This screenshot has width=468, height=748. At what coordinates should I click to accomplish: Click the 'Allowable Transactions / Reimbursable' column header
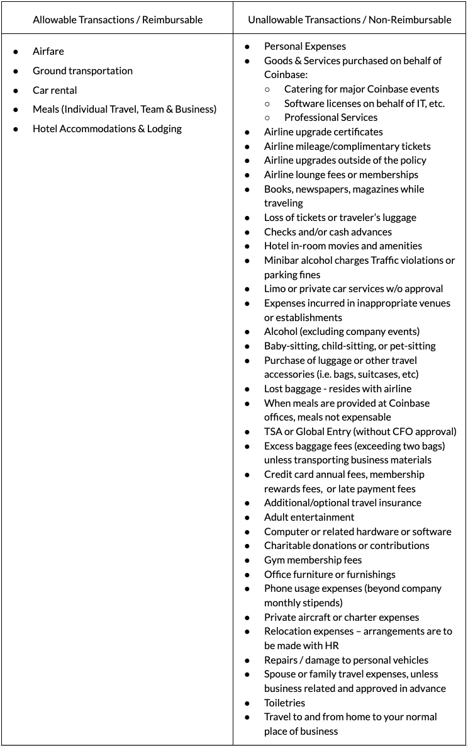pyautogui.click(x=118, y=20)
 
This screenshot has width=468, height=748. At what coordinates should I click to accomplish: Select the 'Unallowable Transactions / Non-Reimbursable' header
pyautogui.click(x=350, y=20)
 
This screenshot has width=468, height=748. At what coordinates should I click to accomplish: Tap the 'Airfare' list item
pyautogui.click(x=48, y=51)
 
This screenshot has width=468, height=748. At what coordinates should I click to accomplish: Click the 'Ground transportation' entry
pyautogui.click(x=82, y=71)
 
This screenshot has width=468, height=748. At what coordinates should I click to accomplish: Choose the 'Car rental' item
pyautogui.click(x=55, y=90)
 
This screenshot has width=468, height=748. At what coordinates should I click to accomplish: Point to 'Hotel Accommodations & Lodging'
pyautogui.click(x=107, y=128)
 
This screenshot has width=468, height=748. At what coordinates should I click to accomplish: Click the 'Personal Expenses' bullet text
pyautogui.click(x=305, y=46)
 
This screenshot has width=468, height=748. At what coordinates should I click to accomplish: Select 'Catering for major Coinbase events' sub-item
pyautogui.click(x=362, y=89)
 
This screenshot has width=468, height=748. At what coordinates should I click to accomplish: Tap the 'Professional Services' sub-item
pyautogui.click(x=331, y=117)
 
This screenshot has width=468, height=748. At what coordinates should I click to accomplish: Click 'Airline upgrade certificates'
pyautogui.click(x=323, y=132)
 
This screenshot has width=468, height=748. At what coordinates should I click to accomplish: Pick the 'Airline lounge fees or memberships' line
pyautogui.click(x=341, y=174)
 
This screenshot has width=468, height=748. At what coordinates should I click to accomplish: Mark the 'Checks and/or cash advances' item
pyautogui.click(x=328, y=232)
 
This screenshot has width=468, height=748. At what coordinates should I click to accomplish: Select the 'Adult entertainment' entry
pyautogui.click(x=309, y=517)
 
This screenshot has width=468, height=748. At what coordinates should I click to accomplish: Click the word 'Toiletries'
pyautogui.click(x=284, y=703)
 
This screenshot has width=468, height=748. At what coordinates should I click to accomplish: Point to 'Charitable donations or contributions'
pyautogui.click(x=347, y=545)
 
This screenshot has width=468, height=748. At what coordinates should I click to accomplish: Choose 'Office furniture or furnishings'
pyautogui.click(x=330, y=574)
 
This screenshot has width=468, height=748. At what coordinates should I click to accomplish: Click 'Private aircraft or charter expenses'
pyautogui.click(x=342, y=617)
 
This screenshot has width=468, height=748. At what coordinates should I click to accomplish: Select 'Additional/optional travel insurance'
pyautogui.click(x=343, y=502)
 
